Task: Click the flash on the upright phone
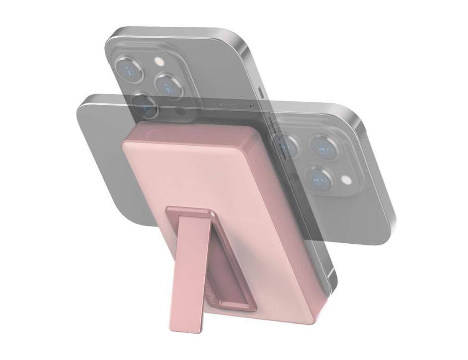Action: click(x=159, y=62)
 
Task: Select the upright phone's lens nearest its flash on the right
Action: click(x=168, y=85)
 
